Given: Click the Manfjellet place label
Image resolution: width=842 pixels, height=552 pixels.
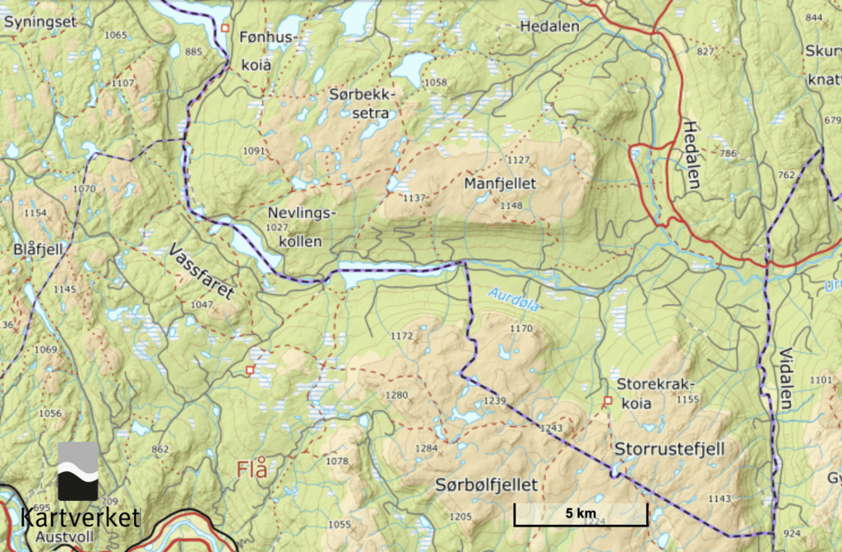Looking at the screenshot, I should coord(500,182).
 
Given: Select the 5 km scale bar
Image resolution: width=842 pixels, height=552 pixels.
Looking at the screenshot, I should coord(581,515).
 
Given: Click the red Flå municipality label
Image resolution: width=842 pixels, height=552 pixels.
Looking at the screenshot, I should coord(252,470).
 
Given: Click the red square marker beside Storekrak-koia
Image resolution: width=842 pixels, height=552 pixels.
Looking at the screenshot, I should coord(608,401).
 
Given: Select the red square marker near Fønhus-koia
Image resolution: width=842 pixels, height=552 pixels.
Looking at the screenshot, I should coord(224,29).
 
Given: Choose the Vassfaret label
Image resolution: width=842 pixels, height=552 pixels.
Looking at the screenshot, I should coord(201,271).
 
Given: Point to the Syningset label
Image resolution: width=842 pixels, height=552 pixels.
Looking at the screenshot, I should coord(39,22).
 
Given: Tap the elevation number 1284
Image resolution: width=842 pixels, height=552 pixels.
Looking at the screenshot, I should coord(427,448).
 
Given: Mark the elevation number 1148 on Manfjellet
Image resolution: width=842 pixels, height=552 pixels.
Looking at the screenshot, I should coord(511,205).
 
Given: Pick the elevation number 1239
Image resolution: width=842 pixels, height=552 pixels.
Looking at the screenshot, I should coord(494,401).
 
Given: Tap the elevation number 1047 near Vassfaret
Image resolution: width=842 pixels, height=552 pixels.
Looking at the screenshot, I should coord(201,304).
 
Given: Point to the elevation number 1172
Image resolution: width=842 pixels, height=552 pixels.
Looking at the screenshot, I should coord(402,336).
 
